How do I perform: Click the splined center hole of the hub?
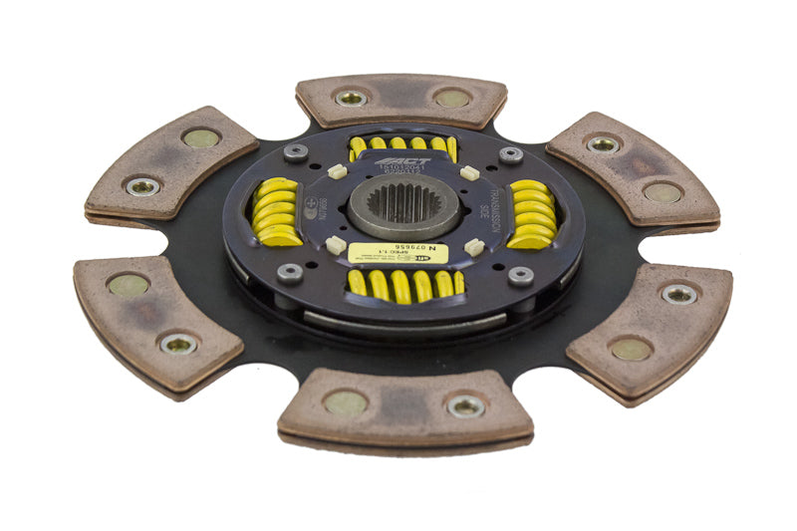tap(403, 205)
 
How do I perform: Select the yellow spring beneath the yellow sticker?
tap(403, 285)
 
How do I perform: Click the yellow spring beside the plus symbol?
tap(277, 212)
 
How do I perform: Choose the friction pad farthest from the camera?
tap(401, 100)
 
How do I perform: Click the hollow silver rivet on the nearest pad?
tap(465, 404)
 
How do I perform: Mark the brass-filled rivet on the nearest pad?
tap(345, 402)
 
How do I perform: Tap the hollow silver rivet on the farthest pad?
tap(351, 98)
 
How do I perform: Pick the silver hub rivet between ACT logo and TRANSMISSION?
tap(510, 155)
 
